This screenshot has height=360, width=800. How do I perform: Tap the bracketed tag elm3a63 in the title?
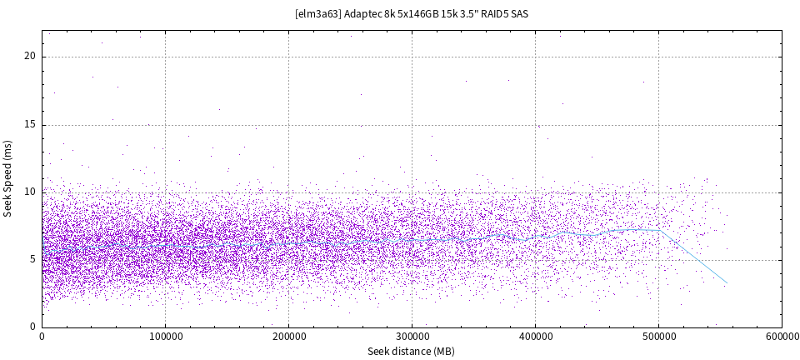[x=317, y=13]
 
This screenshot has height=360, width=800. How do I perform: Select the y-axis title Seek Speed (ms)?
[x=7, y=178]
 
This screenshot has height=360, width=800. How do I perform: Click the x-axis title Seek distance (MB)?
[x=411, y=351]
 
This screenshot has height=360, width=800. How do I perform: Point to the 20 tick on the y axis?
[x=30, y=57]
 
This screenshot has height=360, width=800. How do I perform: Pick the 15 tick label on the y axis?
[x=30, y=124]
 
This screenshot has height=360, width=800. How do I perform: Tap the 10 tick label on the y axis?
[x=30, y=192]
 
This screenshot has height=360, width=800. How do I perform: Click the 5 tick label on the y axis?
[x=33, y=259]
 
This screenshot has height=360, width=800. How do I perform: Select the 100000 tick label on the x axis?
[x=165, y=337]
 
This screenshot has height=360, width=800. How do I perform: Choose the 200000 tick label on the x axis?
[x=288, y=337]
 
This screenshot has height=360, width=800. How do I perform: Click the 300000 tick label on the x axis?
[x=412, y=337]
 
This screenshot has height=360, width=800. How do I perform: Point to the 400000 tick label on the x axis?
[x=535, y=337]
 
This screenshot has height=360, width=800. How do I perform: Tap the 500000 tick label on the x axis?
[x=658, y=337]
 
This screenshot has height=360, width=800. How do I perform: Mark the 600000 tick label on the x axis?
[x=781, y=337]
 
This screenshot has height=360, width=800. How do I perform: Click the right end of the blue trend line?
[x=727, y=283]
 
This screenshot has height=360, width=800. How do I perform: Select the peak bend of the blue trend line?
[x=660, y=230]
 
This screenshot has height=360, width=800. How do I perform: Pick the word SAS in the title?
[x=519, y=13]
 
